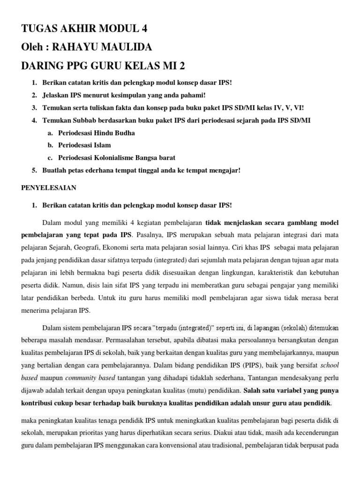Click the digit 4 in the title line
pyautogui.click(x=144, y=29)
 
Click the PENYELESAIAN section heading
pyautogui.click(x=49, y=187)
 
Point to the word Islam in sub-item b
pyautogui.click(x=102, y=145)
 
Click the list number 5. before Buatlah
pyautogui.click(x=34, y=170)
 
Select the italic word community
pyautogui.click(x=80, y=377)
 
